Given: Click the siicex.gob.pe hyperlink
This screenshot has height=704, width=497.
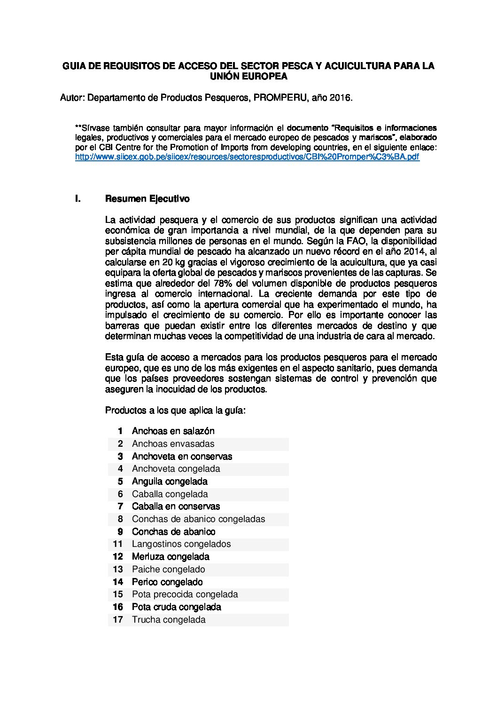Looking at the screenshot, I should [247, 157].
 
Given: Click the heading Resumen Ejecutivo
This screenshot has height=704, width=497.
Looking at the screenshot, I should [147, 199].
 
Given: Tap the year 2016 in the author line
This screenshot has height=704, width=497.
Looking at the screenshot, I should [340, 98].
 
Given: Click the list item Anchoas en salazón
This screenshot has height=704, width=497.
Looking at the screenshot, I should [173, 431].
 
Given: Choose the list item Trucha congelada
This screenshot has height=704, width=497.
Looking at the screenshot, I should [169, 620].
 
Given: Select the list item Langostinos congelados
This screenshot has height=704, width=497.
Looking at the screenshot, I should [181, 544].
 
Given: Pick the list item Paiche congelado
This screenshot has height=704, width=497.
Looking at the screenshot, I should [168, 570].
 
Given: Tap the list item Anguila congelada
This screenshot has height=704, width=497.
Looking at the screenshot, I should [170, 482].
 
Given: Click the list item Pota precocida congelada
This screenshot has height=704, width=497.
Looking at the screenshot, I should [185, 594].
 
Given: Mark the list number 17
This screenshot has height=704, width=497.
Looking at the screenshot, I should [117, 620].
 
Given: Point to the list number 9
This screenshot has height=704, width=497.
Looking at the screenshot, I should [120, 532].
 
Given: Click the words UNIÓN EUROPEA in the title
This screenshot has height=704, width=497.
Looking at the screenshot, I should [248, 76].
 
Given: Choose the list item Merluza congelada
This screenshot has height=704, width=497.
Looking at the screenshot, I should [171, 557].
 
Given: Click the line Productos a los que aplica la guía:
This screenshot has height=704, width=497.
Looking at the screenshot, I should [175, 411].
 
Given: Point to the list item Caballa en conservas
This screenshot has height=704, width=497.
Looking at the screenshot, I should [176, 506].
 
